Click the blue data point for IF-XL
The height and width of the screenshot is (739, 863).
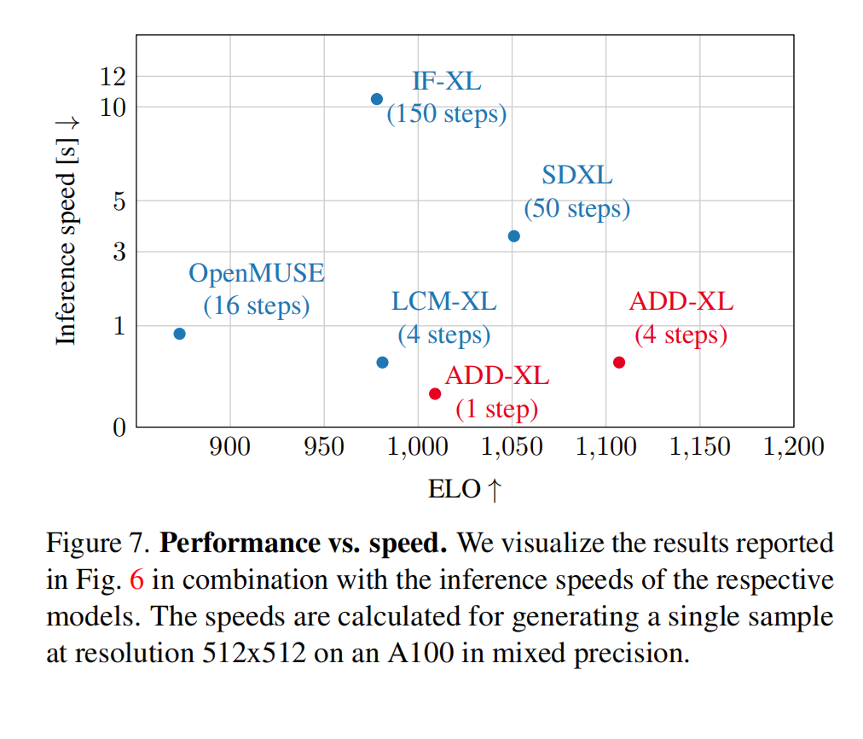click(x=377, y=99)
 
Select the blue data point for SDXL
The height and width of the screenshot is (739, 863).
click(x=513, y=236)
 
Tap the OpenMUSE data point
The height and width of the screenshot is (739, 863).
click(x=179, y=334)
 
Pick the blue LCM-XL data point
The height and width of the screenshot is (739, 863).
click(x=382, y=362)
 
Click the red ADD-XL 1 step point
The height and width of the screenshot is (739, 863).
click(x=435, y=393)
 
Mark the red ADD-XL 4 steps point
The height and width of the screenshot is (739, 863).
click(x=619, y=362)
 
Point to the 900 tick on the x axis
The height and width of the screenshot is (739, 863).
click(x=230, y=446)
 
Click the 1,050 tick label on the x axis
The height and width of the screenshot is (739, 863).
click(x=513, y=446)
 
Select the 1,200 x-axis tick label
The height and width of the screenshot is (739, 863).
click(x=794, y=446)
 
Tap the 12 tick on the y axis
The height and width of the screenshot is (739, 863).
click(x=113, y=77)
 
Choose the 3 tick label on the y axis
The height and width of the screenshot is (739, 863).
click(x=119, y=252)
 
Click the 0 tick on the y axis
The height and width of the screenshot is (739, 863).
click(x=119, y=427)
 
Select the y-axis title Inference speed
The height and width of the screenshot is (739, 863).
click(x=67, y=230)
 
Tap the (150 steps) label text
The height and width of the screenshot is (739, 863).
click(x=447, y=113)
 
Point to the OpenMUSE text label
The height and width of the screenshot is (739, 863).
click(x=257, y=274)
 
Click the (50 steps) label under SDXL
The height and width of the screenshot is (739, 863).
click(x=577, y=208)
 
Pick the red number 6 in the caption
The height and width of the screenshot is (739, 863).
click(x=137, y=580)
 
